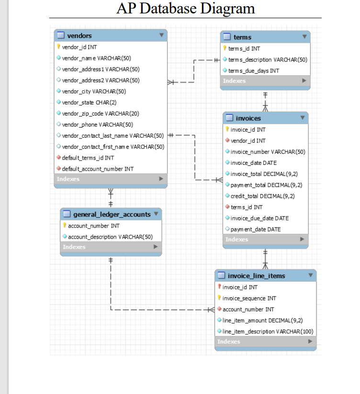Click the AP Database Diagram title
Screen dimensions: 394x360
(185, 9)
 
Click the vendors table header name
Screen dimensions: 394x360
(79, 35)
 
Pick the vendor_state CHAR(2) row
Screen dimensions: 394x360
(89, 103)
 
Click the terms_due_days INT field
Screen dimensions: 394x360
(254, 70)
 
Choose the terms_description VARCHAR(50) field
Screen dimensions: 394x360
(268, 59)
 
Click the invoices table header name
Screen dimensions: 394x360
(248, 118)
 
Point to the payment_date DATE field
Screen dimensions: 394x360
(256, 229)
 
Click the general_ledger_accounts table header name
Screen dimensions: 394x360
(112, 214)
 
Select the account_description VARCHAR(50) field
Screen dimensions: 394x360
(110, 237)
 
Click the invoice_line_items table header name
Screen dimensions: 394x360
(256, 276)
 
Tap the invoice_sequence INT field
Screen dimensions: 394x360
(249, 298)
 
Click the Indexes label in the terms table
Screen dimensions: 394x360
(234, 81)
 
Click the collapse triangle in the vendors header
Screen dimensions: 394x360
(161, 35)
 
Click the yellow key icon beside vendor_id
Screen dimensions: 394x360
(58, 47)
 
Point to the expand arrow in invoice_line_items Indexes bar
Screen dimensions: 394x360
(310, 342)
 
